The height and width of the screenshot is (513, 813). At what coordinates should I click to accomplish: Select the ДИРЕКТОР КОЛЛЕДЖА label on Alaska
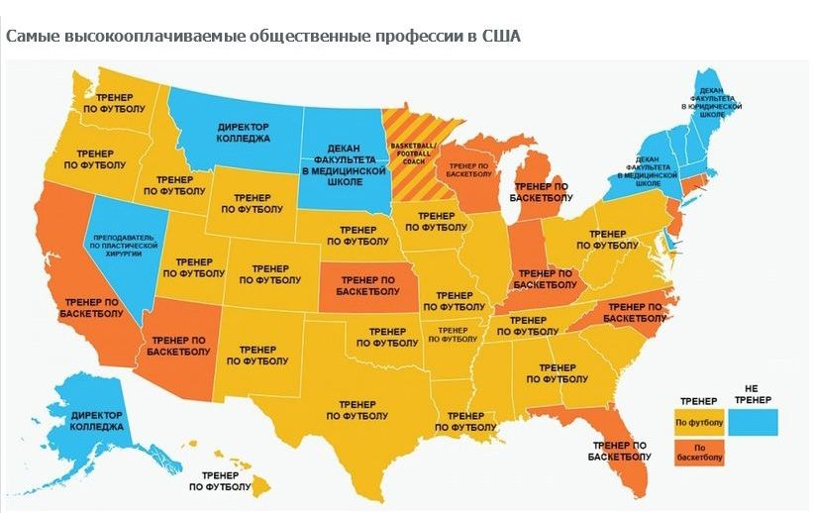(x=98, y=420)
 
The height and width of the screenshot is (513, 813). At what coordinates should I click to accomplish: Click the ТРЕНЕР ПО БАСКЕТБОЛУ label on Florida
(x=619, y=451)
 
